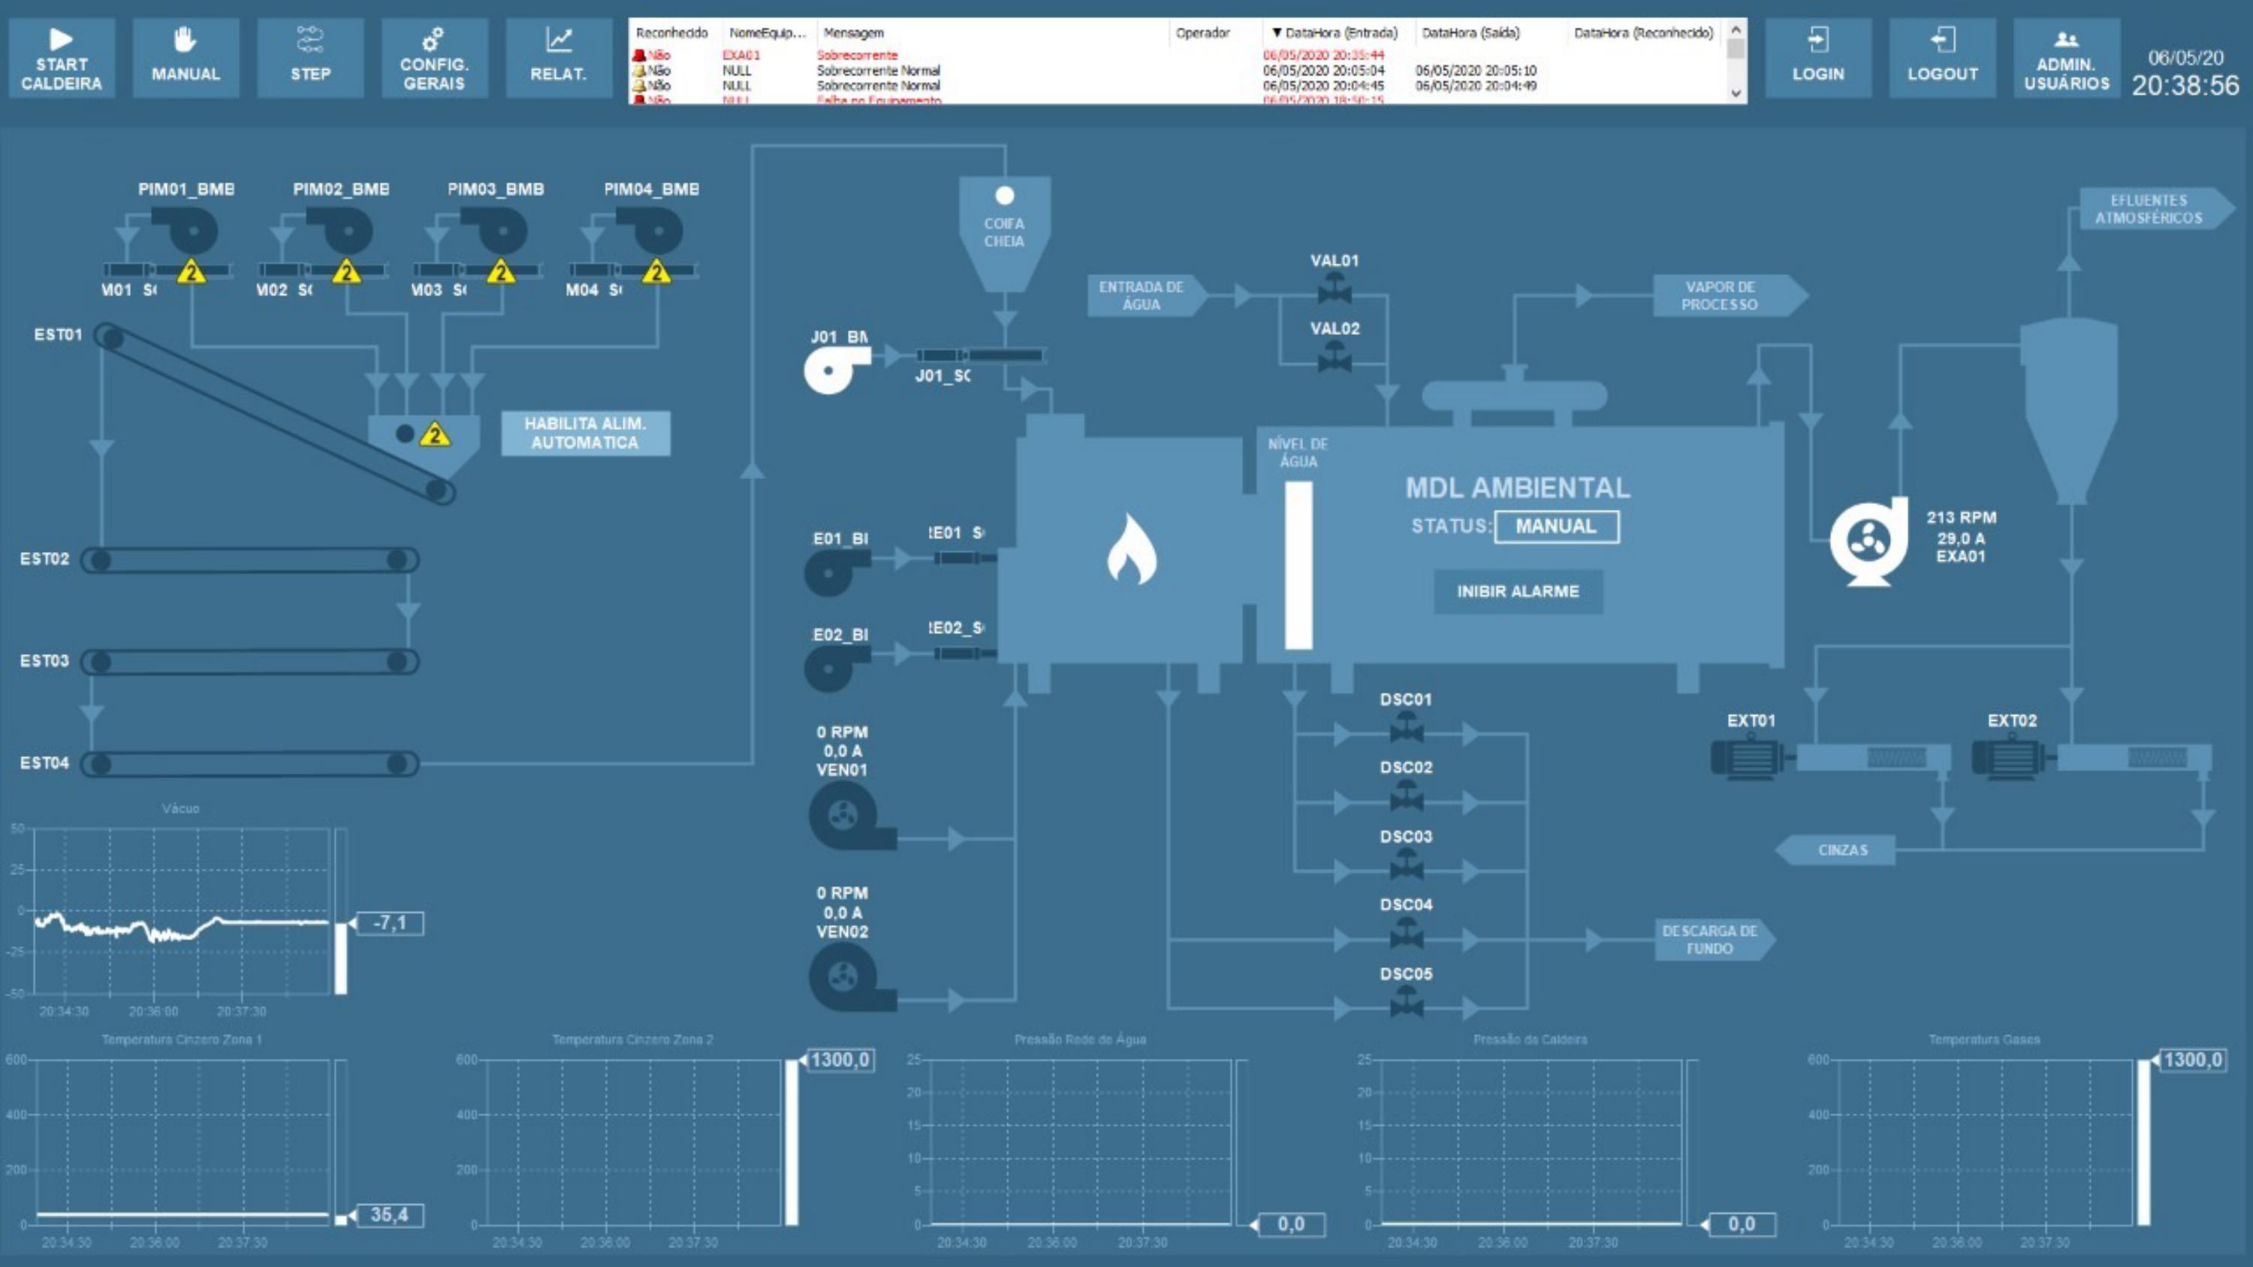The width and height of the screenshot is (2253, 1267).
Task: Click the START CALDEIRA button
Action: point(62,59)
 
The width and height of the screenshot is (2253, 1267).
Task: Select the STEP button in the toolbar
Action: point(310,59)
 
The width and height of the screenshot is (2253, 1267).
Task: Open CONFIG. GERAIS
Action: point(434,59)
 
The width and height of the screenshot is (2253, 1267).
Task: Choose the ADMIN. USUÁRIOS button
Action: point(2066,59)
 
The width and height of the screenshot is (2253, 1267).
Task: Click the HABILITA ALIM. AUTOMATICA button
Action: point(585,433)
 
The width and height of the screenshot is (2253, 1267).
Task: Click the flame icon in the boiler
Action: point(1131,549)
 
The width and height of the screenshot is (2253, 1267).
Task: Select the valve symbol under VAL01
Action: point(1334,287)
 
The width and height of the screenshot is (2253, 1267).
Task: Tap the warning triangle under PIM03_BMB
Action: point(501,272)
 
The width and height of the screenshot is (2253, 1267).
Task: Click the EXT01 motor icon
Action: point(1748,758)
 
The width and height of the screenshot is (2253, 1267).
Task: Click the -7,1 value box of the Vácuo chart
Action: point(390,923)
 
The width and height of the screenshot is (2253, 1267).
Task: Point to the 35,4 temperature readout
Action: point(390,1214)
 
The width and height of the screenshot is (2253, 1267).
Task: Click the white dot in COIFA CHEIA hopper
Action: point(1005,196)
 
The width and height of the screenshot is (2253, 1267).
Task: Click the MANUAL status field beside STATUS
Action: point(1556,526)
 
